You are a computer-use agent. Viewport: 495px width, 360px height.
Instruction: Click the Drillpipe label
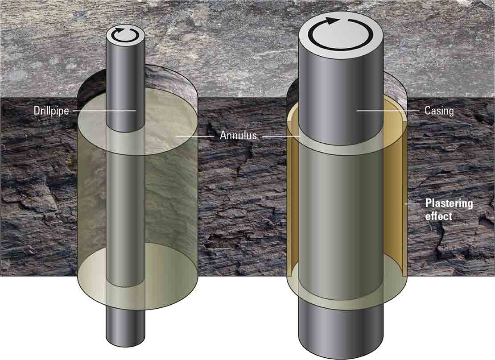[51, 111]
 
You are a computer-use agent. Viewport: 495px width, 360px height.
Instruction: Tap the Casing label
[439, 111]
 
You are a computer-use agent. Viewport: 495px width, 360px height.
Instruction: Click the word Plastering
[449, 204]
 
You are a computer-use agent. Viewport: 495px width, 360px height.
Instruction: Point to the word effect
[438, 216]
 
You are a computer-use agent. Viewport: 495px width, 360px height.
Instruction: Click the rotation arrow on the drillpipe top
[125, 35]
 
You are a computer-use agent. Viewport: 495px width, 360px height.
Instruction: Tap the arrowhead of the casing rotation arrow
[331, 21]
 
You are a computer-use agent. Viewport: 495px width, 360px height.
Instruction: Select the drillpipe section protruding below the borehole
[125, 327]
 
